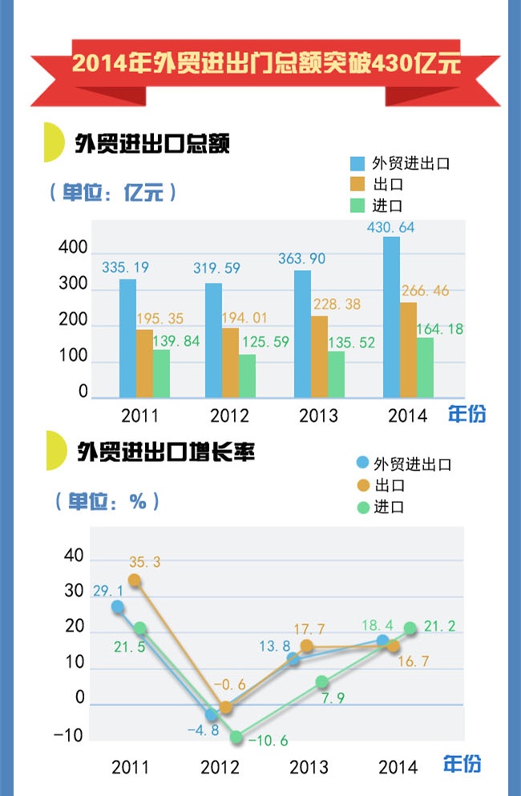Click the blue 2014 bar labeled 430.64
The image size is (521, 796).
click(x=391, y=316)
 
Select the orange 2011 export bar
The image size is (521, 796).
click(x=144, y=363)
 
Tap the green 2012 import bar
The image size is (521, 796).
click(x=247, y=376)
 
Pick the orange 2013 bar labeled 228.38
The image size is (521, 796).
click(x=319, y=356)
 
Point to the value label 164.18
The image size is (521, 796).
click(x=440, y=329)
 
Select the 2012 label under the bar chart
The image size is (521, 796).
click(x=229, y=416)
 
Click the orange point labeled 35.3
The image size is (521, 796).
click(x=135, y=581)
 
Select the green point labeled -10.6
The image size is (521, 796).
click(x=236, y=737)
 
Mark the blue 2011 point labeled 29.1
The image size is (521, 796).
click(x=118, y=607)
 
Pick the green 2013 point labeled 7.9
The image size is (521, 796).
click(x=321, y=682)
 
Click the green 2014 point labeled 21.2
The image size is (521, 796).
click(x=410, y=629)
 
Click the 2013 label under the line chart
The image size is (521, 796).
click(x=309, y=767)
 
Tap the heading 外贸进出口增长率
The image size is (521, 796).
click(x=166, y=452)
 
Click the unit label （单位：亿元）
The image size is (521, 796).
click(x=111, y=193)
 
